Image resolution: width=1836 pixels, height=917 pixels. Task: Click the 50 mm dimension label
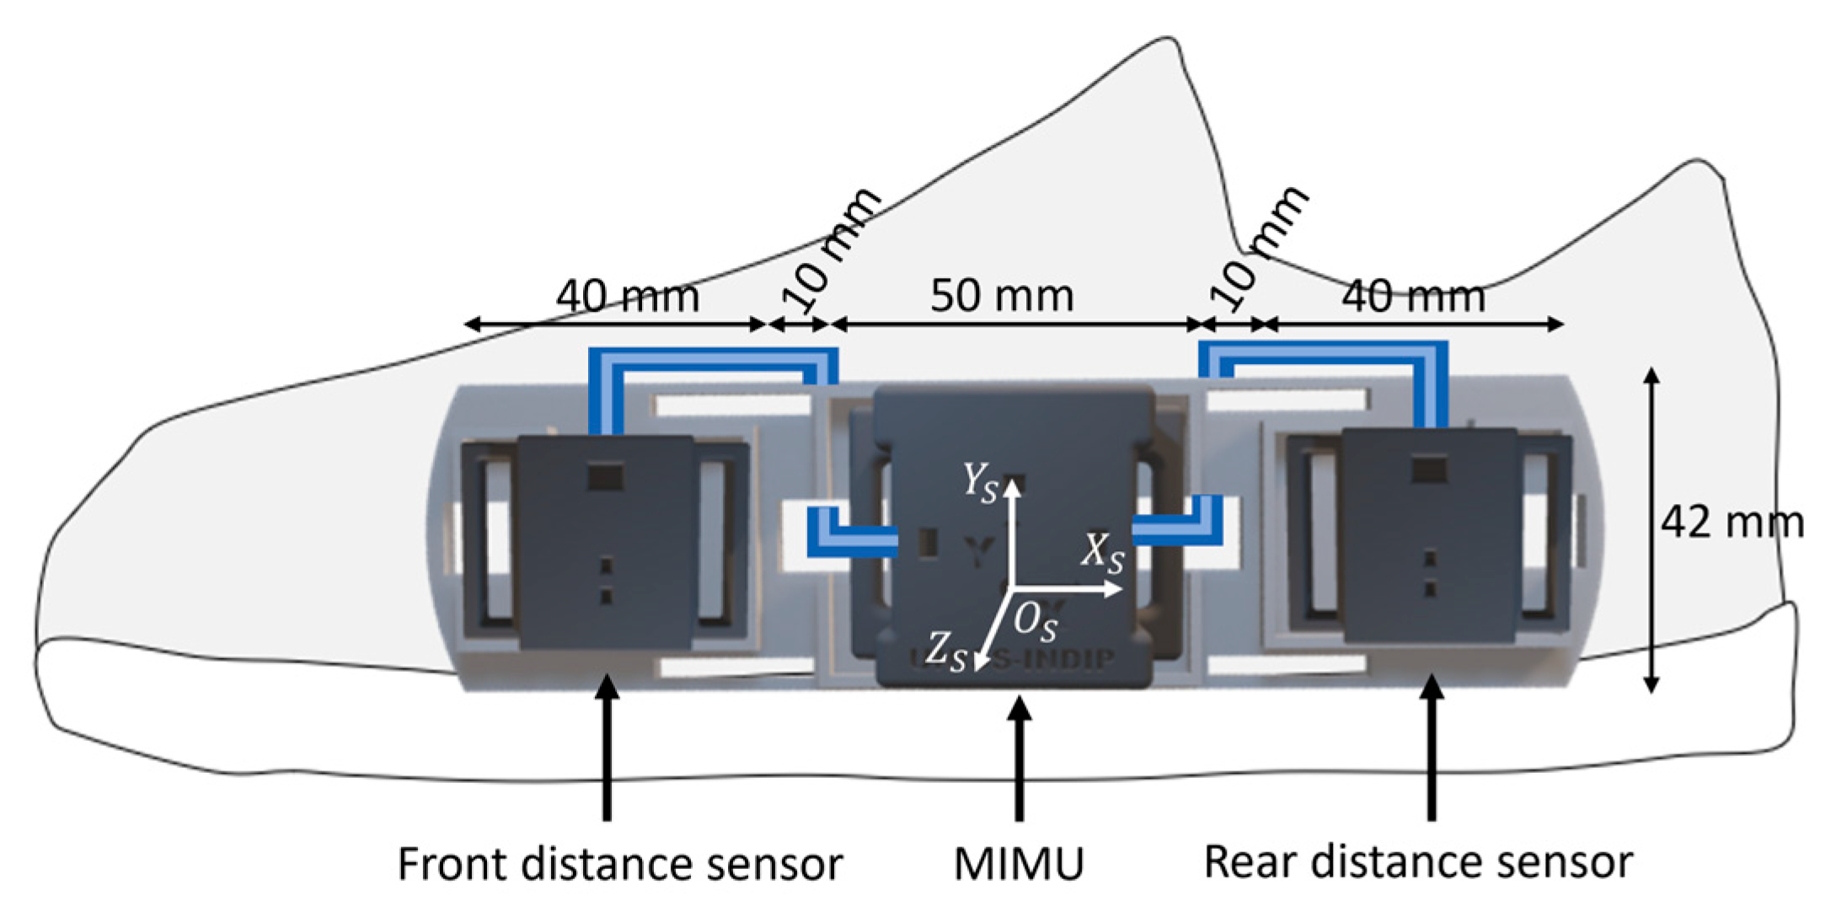click(1001, 297)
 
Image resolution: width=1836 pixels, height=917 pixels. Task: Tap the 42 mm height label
click(1732, 523)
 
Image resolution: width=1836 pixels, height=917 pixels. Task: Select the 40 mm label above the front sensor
click(628, 297)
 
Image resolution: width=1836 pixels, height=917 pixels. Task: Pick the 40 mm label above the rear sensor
click(1413, 297)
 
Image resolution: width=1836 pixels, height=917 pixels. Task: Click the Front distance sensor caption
click(619, 864)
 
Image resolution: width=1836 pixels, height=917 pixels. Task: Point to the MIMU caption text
click(1019, 864)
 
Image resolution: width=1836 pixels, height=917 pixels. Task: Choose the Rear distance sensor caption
click(1418, 862)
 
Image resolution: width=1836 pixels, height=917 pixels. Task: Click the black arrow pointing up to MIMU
click(1020, 759)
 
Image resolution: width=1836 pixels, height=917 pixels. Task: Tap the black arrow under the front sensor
click(607, 750)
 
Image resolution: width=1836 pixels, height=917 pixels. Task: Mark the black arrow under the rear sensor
click(1431, 750)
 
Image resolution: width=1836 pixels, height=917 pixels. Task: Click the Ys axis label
click(980, 483)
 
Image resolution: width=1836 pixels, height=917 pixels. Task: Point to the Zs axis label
click(945, 652)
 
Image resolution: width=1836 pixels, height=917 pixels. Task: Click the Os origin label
click(1035, 624)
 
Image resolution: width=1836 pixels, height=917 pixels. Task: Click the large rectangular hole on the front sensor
click(605, 478)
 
